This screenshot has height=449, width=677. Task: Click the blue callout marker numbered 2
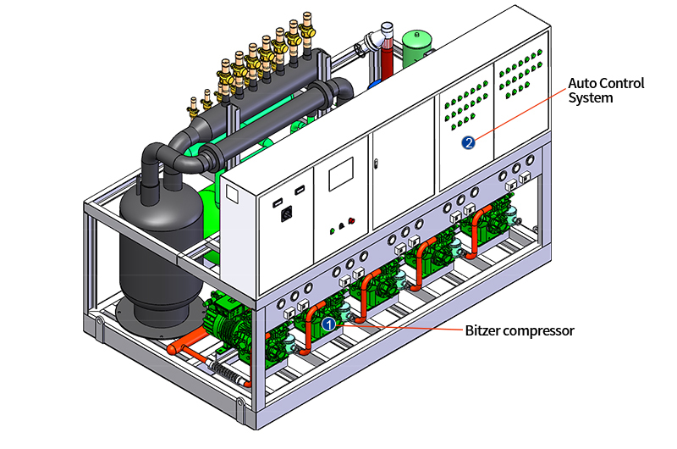[x=468, y=143]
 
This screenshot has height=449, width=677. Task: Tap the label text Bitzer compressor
[x=520, y=330]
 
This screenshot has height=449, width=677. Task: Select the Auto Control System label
[x=605, y=91]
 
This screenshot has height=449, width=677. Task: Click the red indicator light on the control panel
[x=351, y=221]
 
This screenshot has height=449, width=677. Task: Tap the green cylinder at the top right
[x=415, y=48]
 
